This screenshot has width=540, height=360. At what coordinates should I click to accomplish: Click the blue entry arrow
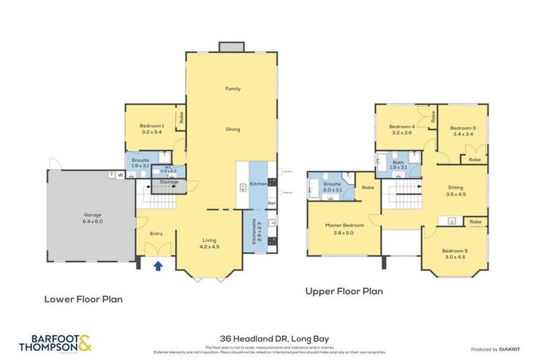click(158, 266)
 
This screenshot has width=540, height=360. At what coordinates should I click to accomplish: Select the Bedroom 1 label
click(152, 128)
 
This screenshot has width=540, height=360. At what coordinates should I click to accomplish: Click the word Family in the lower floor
click(233, 89)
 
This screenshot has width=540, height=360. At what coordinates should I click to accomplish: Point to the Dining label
click(233, 129)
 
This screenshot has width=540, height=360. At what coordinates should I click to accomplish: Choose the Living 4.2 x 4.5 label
click(210, 243)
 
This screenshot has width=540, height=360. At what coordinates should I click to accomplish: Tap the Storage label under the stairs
click(169, 182)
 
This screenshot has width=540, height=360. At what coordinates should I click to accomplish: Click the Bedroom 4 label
click(400, 129)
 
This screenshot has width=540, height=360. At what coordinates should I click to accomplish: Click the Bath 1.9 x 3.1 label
click(398, 165)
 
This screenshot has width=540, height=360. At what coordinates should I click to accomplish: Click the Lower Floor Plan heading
click(83, 299)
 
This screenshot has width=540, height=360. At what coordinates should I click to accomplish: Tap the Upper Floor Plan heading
click(344, 291)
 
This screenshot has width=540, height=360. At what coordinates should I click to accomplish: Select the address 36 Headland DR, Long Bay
click(269, 338)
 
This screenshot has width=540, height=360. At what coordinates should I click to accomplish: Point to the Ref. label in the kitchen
click(271, 203)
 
